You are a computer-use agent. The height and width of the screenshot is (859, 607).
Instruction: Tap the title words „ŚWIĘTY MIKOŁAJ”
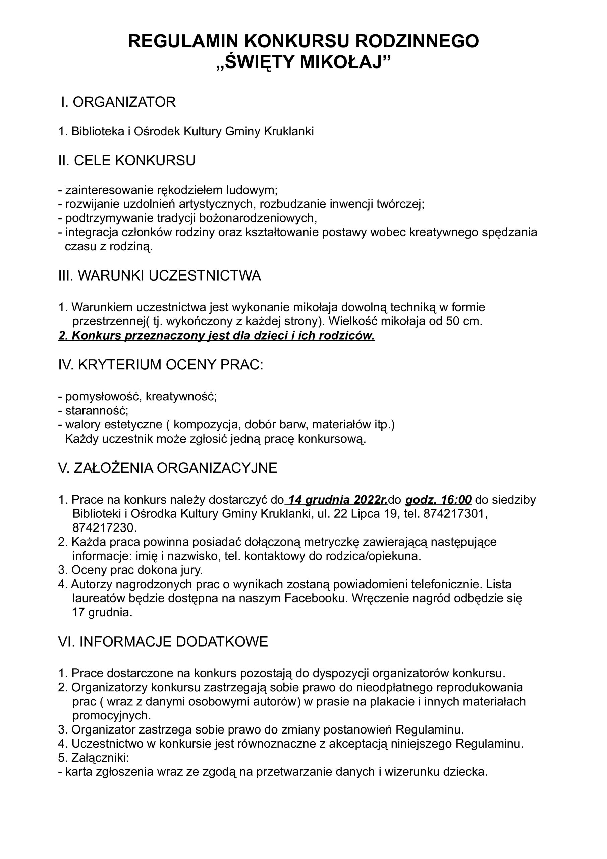(x=303, y=62)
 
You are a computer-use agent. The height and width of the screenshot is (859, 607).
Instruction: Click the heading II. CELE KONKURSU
(x=127, y=160)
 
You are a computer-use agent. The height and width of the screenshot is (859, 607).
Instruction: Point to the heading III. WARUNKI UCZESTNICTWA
(x=160, y=276)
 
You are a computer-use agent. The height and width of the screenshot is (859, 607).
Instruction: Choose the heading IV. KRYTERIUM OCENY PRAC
(x=161, y=364)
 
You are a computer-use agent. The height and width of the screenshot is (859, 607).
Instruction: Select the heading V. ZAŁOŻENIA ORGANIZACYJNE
(x=168, y=468)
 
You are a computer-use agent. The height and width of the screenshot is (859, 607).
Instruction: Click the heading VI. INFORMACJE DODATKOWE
(x=163, y=641)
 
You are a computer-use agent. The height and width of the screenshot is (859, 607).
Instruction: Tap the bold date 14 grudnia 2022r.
(x=338, y=500)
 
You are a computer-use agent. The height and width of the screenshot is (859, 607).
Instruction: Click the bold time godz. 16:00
(x=438, y=500)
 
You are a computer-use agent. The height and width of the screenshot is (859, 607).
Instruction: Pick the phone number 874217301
(x=455, y=514)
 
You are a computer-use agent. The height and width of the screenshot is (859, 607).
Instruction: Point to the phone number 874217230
(x=104, y=527)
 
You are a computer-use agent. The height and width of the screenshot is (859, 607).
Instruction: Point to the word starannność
(x=97, y=410)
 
